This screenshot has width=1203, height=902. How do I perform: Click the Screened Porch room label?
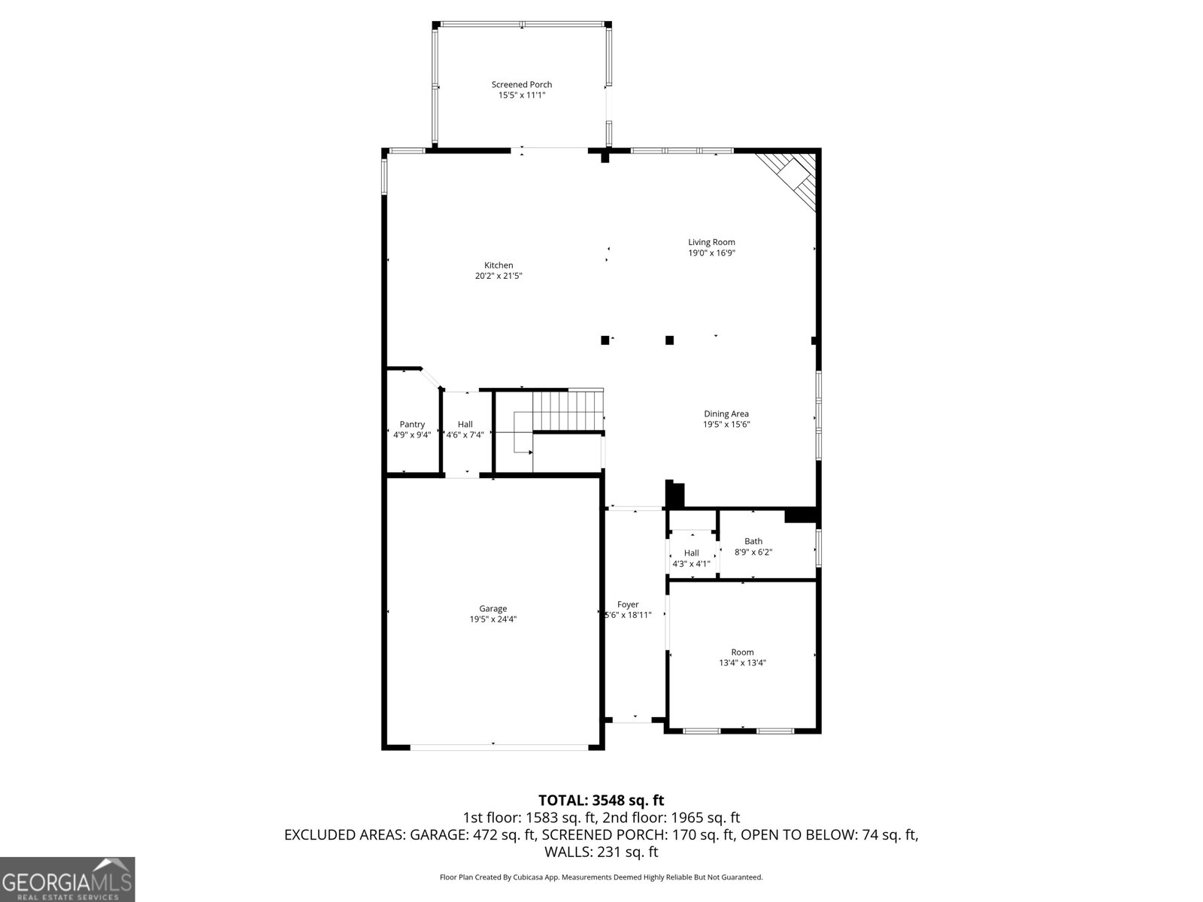pos(521,85)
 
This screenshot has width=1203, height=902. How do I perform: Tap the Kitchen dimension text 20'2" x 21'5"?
pos(498,276)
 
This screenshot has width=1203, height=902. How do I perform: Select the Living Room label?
pos(711,242)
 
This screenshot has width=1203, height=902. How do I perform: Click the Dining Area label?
pos(726,413)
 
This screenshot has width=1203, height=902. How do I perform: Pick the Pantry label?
pos(412,425)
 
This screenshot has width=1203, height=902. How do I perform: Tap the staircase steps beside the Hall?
pos(568,410)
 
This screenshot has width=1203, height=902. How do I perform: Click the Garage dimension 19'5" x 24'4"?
pos(492,619)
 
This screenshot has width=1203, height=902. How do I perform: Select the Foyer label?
pos(628,604)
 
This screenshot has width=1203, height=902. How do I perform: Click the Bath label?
pos(753,541)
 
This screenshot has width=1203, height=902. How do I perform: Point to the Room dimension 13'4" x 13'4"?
pos(742,663)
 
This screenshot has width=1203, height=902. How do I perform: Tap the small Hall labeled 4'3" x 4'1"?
pos(691,558)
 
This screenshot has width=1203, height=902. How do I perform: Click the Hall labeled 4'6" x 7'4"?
pos(465,429)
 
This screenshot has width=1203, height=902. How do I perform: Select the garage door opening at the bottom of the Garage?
pos(498,746)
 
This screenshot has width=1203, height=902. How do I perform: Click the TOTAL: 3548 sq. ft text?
pos(601,801)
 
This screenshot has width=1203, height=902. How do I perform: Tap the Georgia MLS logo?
pos(67,879)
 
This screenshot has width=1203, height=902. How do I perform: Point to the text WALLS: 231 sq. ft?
pos(601,852)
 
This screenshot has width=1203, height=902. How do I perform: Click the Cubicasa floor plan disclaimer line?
pos(601,877)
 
